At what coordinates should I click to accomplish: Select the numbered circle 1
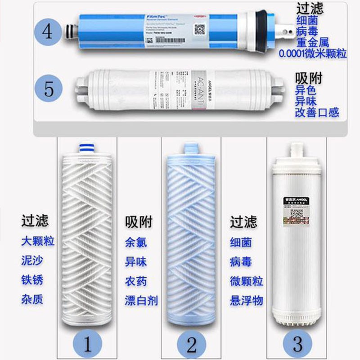[x=88, y=345]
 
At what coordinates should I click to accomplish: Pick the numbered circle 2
[x=192, y=345]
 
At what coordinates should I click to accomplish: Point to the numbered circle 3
[x=297, y=345]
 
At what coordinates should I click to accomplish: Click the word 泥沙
[x=32, y=261]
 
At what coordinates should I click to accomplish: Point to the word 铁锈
[x=32, y=280]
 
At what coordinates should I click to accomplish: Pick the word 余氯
[x=136, y=242]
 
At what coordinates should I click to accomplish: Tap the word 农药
[x=136, y=280]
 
